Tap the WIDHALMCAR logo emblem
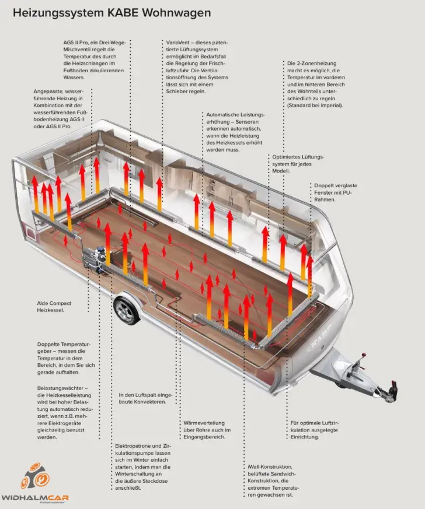(35, 477)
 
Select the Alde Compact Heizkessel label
(54, 307)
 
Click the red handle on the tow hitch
(364, 354)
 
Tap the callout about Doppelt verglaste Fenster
(335, 192)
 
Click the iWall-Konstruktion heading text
(270, 467)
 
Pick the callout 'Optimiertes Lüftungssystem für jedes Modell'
(298, 164)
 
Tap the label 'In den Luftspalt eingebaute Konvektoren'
(145, 399)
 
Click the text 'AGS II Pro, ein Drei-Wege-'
(95, 43)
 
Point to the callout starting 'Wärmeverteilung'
(207, 430)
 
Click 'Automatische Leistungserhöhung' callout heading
(235, 118)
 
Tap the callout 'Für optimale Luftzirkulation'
(314, 430)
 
